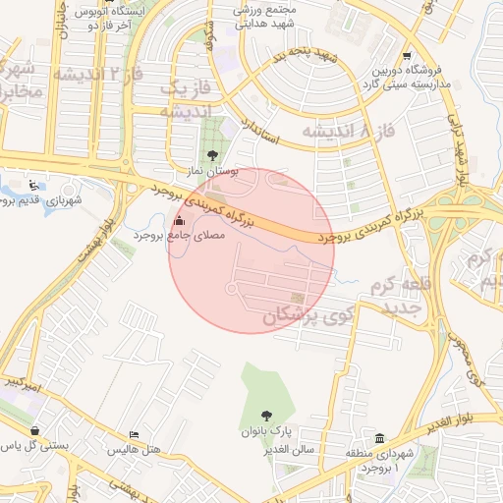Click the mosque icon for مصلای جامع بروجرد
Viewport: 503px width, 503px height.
click(x=178, y=222)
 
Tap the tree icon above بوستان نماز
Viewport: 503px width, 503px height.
click(x=213, y=154)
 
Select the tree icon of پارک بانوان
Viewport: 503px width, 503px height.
click(x=265, y=415)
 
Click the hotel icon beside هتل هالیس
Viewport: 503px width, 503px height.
click(x=135, y=434)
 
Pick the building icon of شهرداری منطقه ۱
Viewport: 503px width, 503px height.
click(x=380, y=437)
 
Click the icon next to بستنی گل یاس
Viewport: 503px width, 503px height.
click(x=35, y=430)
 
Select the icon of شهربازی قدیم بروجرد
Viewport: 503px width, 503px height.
click(x=35, y=184)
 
